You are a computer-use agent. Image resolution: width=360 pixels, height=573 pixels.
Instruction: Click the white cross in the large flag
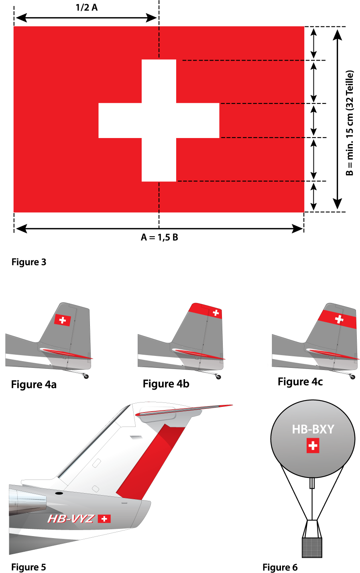(x=159, y=120)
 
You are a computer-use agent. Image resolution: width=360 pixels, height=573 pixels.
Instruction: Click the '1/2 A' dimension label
(x=87, y=8)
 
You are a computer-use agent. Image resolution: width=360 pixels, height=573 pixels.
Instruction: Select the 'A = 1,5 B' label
(x=159, y=238)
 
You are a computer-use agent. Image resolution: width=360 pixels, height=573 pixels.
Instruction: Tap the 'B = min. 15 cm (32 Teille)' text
(x=350, y=123)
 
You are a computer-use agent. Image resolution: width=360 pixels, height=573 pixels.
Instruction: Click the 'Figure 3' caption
(x=29, y=262)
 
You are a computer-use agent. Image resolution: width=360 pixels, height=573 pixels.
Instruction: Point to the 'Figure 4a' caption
(x=34, y=385)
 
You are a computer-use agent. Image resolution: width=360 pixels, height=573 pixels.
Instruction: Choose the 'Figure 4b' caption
(x=166, y=384)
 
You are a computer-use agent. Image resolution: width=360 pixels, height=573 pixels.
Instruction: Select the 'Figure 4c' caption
(x=300, y=382)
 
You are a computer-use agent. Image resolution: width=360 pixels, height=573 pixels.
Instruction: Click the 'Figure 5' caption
(x=28, y=567)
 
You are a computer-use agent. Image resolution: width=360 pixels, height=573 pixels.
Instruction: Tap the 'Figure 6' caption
(x=280, y=567)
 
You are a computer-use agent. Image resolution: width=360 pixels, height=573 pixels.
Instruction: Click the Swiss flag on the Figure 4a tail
(x=63, y=320)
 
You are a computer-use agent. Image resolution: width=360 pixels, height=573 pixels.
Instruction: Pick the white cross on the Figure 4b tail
(x=216, y=313)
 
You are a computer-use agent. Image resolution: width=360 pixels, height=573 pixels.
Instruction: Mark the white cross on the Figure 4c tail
(x=339, y=319)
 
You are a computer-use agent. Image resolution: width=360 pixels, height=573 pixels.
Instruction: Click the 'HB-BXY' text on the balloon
(x=313, y=430)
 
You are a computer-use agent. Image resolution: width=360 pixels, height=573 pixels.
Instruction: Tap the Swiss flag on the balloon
(x=313, y=446)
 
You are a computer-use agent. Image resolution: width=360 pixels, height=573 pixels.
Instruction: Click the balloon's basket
(x=312, y=547)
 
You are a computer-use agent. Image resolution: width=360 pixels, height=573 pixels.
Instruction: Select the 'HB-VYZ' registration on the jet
(x=71, y=519)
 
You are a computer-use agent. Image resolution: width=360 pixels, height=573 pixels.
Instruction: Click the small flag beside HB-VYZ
(x=104, y=519)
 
